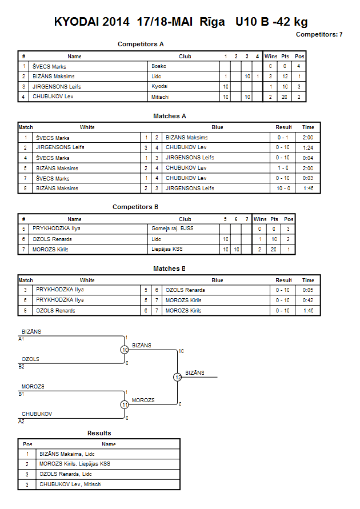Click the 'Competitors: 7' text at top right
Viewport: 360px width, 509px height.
319,34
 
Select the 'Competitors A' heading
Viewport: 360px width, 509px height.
141,44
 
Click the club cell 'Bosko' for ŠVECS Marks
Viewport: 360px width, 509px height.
159,66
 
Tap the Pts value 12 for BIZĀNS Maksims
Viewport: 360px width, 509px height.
285,77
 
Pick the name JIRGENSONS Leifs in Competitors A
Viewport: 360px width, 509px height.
57,87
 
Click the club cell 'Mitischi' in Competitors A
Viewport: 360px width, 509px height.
160,97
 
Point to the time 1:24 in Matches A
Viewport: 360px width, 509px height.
308,148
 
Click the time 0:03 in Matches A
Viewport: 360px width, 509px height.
308,178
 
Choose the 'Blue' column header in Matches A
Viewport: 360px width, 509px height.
217,127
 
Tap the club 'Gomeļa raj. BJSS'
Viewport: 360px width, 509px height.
173,229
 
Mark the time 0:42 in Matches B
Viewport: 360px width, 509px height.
308,300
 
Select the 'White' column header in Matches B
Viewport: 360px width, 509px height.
87,280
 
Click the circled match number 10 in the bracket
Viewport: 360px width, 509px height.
125,350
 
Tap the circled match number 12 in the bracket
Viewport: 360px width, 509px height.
178,377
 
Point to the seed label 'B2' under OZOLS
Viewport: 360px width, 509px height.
21,367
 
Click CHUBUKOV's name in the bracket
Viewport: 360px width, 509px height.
37,414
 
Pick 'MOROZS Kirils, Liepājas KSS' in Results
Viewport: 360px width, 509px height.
75,464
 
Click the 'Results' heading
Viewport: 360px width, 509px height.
99,433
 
